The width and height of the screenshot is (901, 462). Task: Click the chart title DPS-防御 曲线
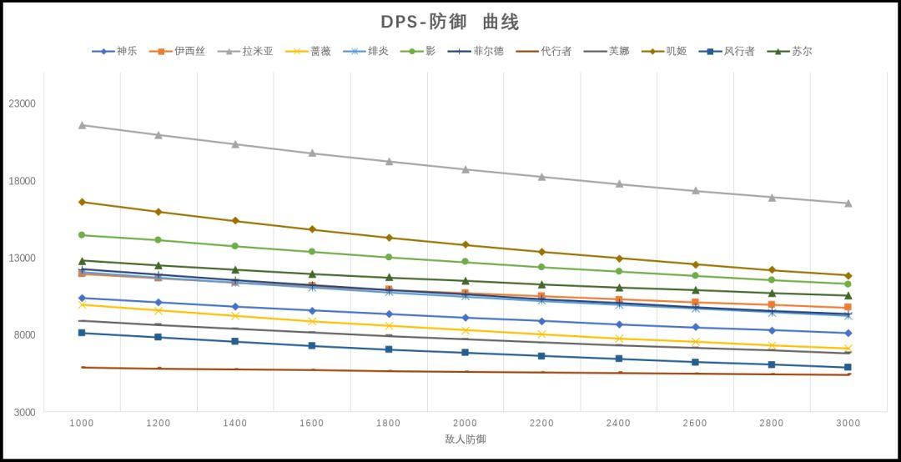click(450, 22)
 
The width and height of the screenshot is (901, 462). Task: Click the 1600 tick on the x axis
click(312, 424)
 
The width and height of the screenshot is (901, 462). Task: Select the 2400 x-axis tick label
click(618, 424)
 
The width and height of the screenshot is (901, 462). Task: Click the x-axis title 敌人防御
click(465, 439)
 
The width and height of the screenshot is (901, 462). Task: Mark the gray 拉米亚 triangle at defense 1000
click(82, 125)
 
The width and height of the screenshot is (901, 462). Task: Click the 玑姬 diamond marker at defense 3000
click(848, 275)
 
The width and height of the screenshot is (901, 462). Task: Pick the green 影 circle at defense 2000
click(465, 262)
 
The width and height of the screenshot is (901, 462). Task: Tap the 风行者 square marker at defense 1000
click(82, 333)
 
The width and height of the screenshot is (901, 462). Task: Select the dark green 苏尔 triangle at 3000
click(848, 295)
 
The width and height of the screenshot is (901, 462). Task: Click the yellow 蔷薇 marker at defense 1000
click(82, 305)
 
